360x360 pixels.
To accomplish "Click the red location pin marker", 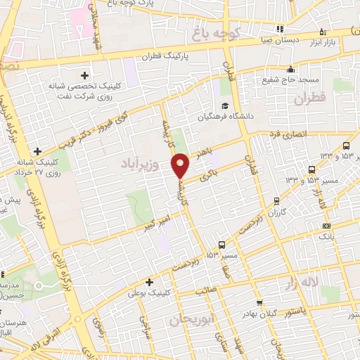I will click(181, 165).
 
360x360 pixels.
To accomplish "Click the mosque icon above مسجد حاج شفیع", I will click(290, 68).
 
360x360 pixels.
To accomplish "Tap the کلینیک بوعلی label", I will click(149, 294).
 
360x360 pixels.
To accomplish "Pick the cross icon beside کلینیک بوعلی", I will click(149, 282).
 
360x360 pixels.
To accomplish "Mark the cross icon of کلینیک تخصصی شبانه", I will click(85, 75).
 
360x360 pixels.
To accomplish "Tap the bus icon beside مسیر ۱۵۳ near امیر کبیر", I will click(221, 245).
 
